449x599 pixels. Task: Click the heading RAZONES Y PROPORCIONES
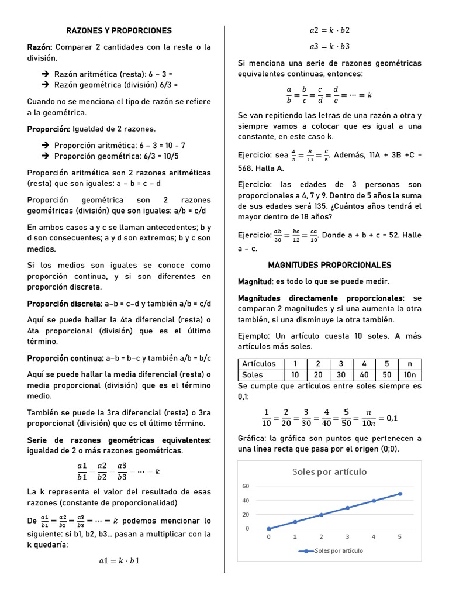click(119, 30)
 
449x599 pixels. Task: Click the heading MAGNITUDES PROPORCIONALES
click(330, 265)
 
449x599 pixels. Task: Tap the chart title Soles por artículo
click(329, 471)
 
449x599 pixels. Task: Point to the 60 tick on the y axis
click(246, 487)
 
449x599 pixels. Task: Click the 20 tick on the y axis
click(246, 515)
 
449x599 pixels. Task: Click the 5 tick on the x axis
click(400, 536)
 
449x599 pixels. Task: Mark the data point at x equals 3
click(347, 508)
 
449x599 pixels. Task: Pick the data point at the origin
click(268, 529)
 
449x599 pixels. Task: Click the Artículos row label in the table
click(258, 364)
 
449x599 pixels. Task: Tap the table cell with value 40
click(364, 374)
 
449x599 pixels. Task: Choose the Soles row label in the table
click(252, 374)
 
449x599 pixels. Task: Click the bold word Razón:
click(40, 47)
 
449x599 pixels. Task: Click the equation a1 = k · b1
click(119, 561)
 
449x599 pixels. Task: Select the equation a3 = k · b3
click(330, 46)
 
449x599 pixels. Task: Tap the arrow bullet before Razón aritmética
click(46, 75)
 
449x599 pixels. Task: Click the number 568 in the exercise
click(247, 168)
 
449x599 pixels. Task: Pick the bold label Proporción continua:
click(64, 358)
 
